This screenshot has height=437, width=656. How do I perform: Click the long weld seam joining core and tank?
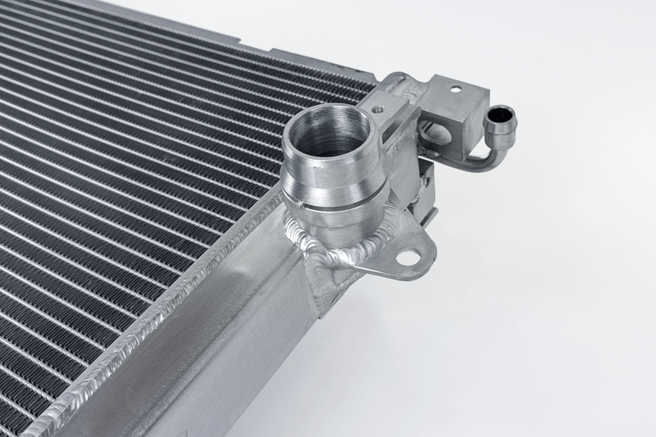pos(164,312)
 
